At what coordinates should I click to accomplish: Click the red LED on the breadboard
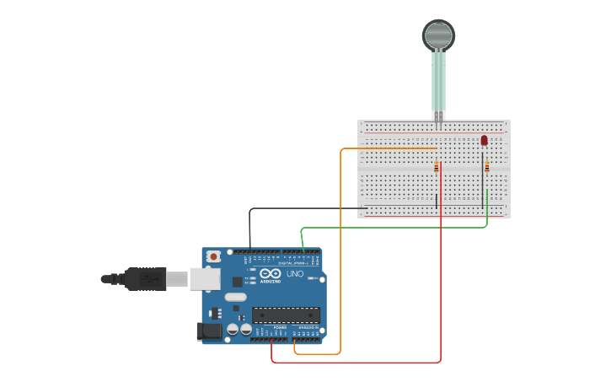[484, 140]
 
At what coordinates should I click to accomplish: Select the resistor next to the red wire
[436, 167]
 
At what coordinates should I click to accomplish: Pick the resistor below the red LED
[487, 167]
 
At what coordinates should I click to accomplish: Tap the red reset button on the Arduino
[214, 256]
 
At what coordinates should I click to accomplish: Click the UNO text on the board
[295, 274]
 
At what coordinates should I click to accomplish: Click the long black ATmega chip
[286, 315]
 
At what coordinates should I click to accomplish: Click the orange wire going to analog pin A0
[340, 253]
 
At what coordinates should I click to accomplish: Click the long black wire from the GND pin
[303, 207]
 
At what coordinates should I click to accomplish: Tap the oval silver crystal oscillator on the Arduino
[236, 297]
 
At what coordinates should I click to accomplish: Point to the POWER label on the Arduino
[280, 327]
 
